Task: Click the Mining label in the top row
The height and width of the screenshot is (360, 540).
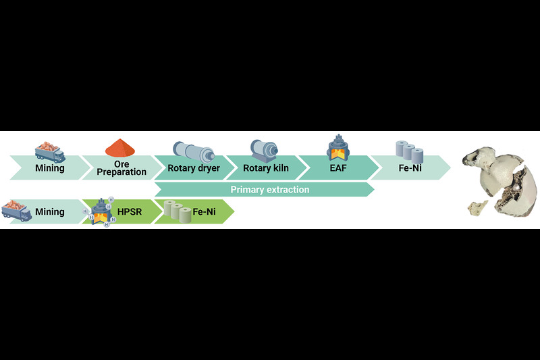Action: tap(50, 168)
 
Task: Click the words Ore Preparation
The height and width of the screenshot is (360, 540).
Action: tap(122, 168)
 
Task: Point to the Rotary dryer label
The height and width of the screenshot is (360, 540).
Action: tap(194, 168)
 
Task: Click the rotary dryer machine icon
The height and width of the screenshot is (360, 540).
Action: tap(194, 150)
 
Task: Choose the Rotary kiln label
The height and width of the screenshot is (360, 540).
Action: tap(265, 168)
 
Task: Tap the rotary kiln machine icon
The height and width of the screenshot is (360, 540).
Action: tap(265, 149)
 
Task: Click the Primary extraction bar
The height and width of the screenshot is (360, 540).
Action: tap(269, 190)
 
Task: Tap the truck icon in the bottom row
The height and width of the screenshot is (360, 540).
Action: tap(17, 210)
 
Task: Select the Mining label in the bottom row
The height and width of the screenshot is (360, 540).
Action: tap(50, 211)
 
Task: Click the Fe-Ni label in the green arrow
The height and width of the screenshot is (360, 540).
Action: tap(205, 211)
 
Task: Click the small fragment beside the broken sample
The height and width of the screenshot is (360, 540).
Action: tap(478, 208)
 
